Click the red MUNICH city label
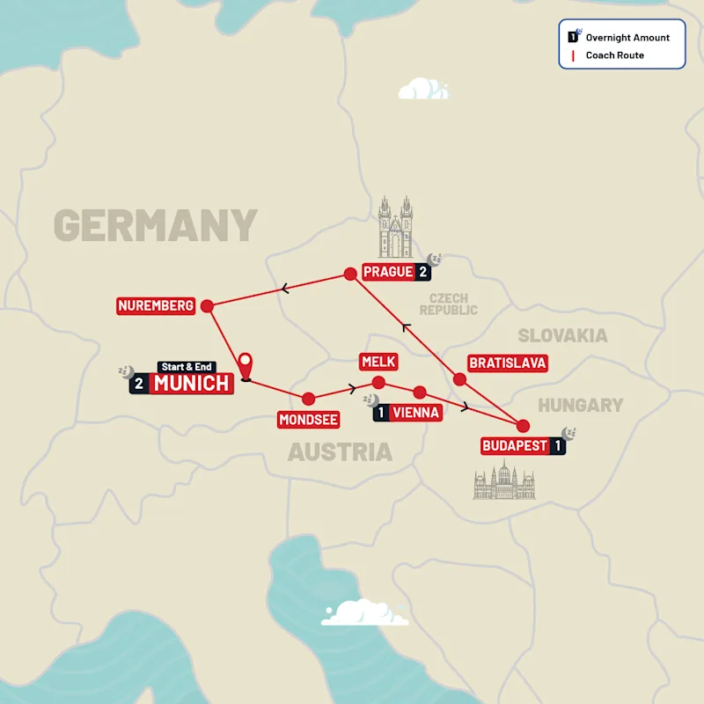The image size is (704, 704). pos(192,384)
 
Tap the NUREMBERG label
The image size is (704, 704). pos(156,306)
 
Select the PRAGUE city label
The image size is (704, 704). pos(387,272)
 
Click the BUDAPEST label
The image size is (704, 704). pos(515,446)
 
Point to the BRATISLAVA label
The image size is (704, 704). pos(508,363)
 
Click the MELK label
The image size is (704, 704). pos(378,362)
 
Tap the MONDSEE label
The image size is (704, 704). pos(309,420)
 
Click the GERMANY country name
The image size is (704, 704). pos(156,226)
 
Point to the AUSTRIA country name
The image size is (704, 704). pos(340,452)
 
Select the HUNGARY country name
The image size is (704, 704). pos(581,406)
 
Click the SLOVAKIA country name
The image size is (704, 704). pos(562,335)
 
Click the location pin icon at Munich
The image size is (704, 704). pos(246,365)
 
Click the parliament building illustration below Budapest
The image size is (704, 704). pos(504,481)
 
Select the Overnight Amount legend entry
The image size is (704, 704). pos(627,38)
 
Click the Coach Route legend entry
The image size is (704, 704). pos(614,55)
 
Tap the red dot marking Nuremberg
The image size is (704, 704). pos(207,306)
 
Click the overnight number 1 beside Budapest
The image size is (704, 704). pos(558,446)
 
